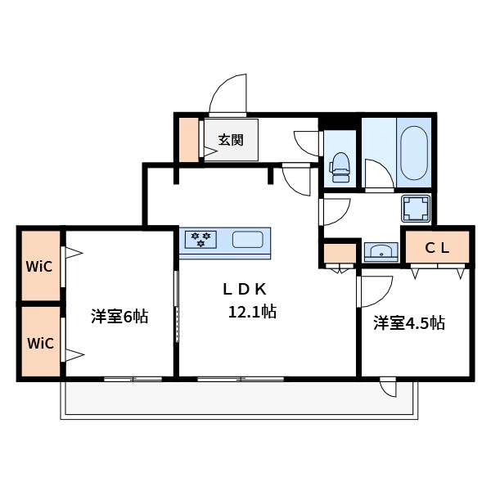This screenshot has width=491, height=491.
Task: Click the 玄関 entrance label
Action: [x=230, y=140]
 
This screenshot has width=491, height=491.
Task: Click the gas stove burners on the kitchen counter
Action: [x=200, y=239]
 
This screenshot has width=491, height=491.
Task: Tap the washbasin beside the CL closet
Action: [x=378, y=250]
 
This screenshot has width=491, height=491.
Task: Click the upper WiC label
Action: [x=40, y=267]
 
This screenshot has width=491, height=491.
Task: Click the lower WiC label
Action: [x=40, y=342]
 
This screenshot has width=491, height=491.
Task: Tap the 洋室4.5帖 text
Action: [x=409, y=322]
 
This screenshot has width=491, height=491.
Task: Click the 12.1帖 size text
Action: [x=251, y=312]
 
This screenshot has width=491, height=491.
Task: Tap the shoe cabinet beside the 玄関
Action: [x=189, y=140]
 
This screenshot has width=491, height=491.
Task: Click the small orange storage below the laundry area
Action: [x=336, y=253]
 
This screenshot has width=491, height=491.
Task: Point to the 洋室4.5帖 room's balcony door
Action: [x=388, y=387]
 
